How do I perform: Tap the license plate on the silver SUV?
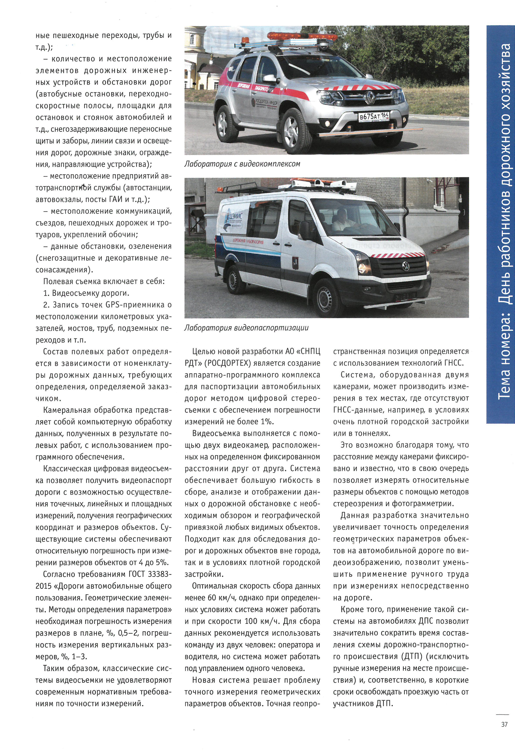[374, 116]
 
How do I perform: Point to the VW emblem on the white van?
[405, 266]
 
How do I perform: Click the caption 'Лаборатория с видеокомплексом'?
[242, 164]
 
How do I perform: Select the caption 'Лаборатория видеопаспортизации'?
[246, 328]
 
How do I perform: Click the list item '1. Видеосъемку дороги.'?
[86, 293]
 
